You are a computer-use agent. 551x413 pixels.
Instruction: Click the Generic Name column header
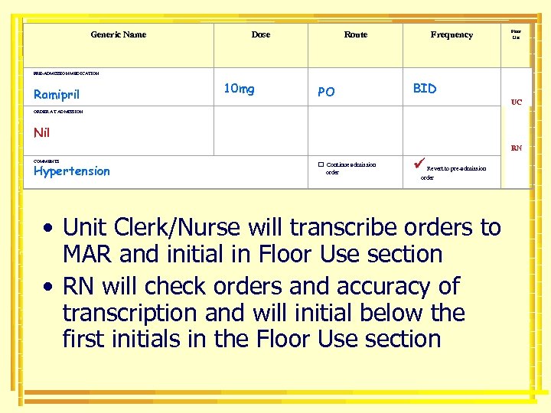point(118,34)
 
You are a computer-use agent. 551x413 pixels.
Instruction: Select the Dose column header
point(261,34)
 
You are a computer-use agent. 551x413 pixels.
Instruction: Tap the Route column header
point(356,34)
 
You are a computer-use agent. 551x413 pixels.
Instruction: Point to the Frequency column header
point(452,34)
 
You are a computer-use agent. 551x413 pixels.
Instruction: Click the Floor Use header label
point(516,34)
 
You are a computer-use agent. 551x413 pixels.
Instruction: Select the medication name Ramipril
point(56,95)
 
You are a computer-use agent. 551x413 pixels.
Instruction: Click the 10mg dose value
point(239,89)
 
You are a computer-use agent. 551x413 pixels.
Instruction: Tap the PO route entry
point(326,92)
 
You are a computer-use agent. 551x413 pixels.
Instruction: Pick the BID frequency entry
point(425,89)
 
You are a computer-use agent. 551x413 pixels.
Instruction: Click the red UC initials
point(517,102)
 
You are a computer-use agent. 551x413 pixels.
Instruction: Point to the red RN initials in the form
point(517,148)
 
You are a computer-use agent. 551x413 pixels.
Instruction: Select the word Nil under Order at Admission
point(42,133)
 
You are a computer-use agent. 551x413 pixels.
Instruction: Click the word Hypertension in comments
point(72,171)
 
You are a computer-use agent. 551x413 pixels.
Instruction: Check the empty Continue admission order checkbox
point(321,164)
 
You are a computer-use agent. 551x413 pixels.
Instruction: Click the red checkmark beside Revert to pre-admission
point(417,163)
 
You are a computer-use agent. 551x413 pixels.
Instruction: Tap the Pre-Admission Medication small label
point(67,73)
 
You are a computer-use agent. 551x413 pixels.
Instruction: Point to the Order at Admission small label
point(58,112)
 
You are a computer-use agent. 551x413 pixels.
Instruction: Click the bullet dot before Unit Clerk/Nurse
point(48,228)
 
